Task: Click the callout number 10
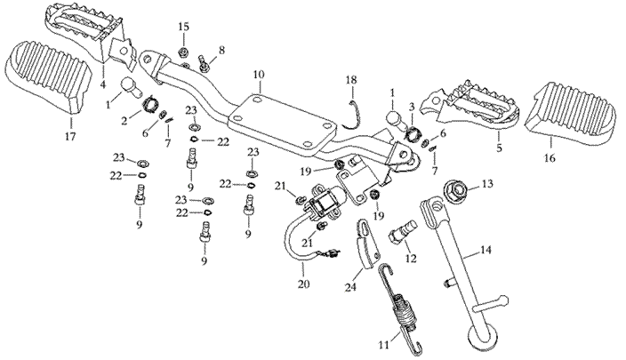(x=259, y=74)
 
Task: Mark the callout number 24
(x=349, y=287)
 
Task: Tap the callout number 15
(x=184, y=28)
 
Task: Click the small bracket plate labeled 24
(x=362, y=244)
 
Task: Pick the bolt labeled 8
(x=204, y=62)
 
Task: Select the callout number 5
(x=499, y=148)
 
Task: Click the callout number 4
(x=104, y=86)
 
